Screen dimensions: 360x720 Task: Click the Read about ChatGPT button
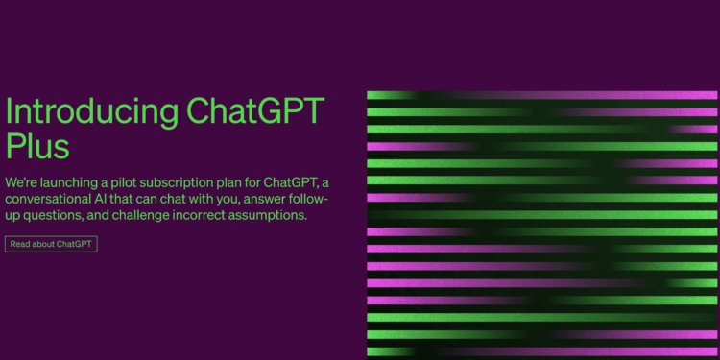(x=51, y=244)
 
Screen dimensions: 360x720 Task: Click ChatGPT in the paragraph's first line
(x=292, y=182)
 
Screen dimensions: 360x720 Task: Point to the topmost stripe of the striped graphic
(x=541, y=95)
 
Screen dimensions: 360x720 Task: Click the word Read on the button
(x=21, y=244)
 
